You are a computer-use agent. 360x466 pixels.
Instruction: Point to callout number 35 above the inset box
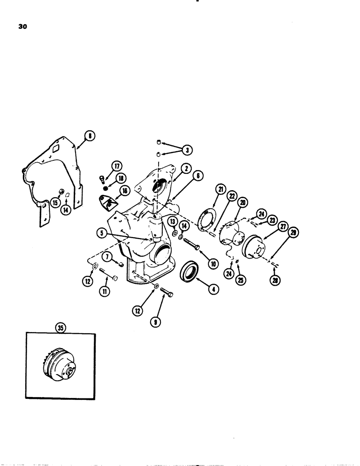tap(60, 328)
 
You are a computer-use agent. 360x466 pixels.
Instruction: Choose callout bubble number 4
tap(214, 289)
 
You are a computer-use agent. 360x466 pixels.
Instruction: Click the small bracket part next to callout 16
tap(109, 202)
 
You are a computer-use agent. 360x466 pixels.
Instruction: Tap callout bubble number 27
tap(282, 227)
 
